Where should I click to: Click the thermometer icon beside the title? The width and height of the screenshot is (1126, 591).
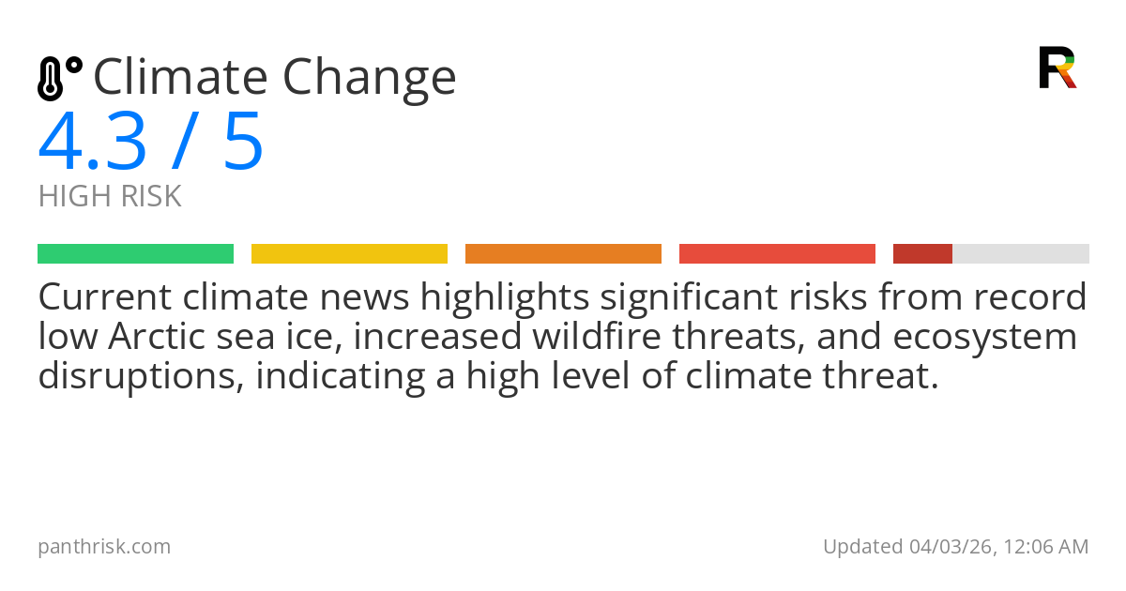pyautogui.click(x=58, y=78)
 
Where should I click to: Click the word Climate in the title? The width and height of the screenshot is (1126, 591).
pyautogui.click(x=179, y=77)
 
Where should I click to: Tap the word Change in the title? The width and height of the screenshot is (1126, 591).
pyautogui.click(x=370, y=79)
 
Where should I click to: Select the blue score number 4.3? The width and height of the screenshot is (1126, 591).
pyautogui.click(x=92, y=143)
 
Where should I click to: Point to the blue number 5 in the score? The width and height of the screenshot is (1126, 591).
pyautogui.click(x=243, y=143)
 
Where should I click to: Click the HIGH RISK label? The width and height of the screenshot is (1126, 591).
pyautogui.click(x=110, y=197)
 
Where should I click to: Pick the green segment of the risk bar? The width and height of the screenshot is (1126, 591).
pyautogui.click(x=135, y=253)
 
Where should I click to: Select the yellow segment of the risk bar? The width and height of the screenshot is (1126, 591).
pyautogui.click(x=349, y=253)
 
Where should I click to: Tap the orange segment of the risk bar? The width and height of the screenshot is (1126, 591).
pyautogui.click(x=563, y=253)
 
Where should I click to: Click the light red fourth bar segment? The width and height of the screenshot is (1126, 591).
pyautogui.click(x=777, y=253)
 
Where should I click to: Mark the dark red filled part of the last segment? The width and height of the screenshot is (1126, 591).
pyautogui.click(x=922, y=253)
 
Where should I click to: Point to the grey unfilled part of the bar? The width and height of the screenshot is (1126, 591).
pyautogui.click(x=1021, y=253)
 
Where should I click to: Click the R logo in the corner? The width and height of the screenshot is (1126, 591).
pyautogui.click(x=1057, y=68)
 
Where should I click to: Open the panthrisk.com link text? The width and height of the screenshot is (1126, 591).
pyautogui.click(x=104, y=547)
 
